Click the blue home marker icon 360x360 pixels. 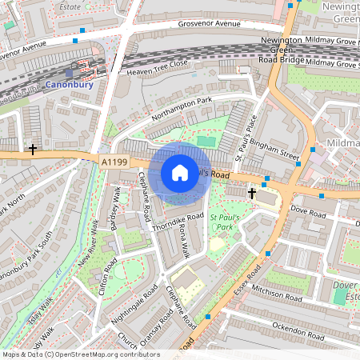point(180,173)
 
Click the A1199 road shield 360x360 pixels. point(114,162)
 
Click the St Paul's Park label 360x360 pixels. point(226,221)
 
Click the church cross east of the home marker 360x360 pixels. point(252,193)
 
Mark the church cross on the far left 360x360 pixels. point(33,149)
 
